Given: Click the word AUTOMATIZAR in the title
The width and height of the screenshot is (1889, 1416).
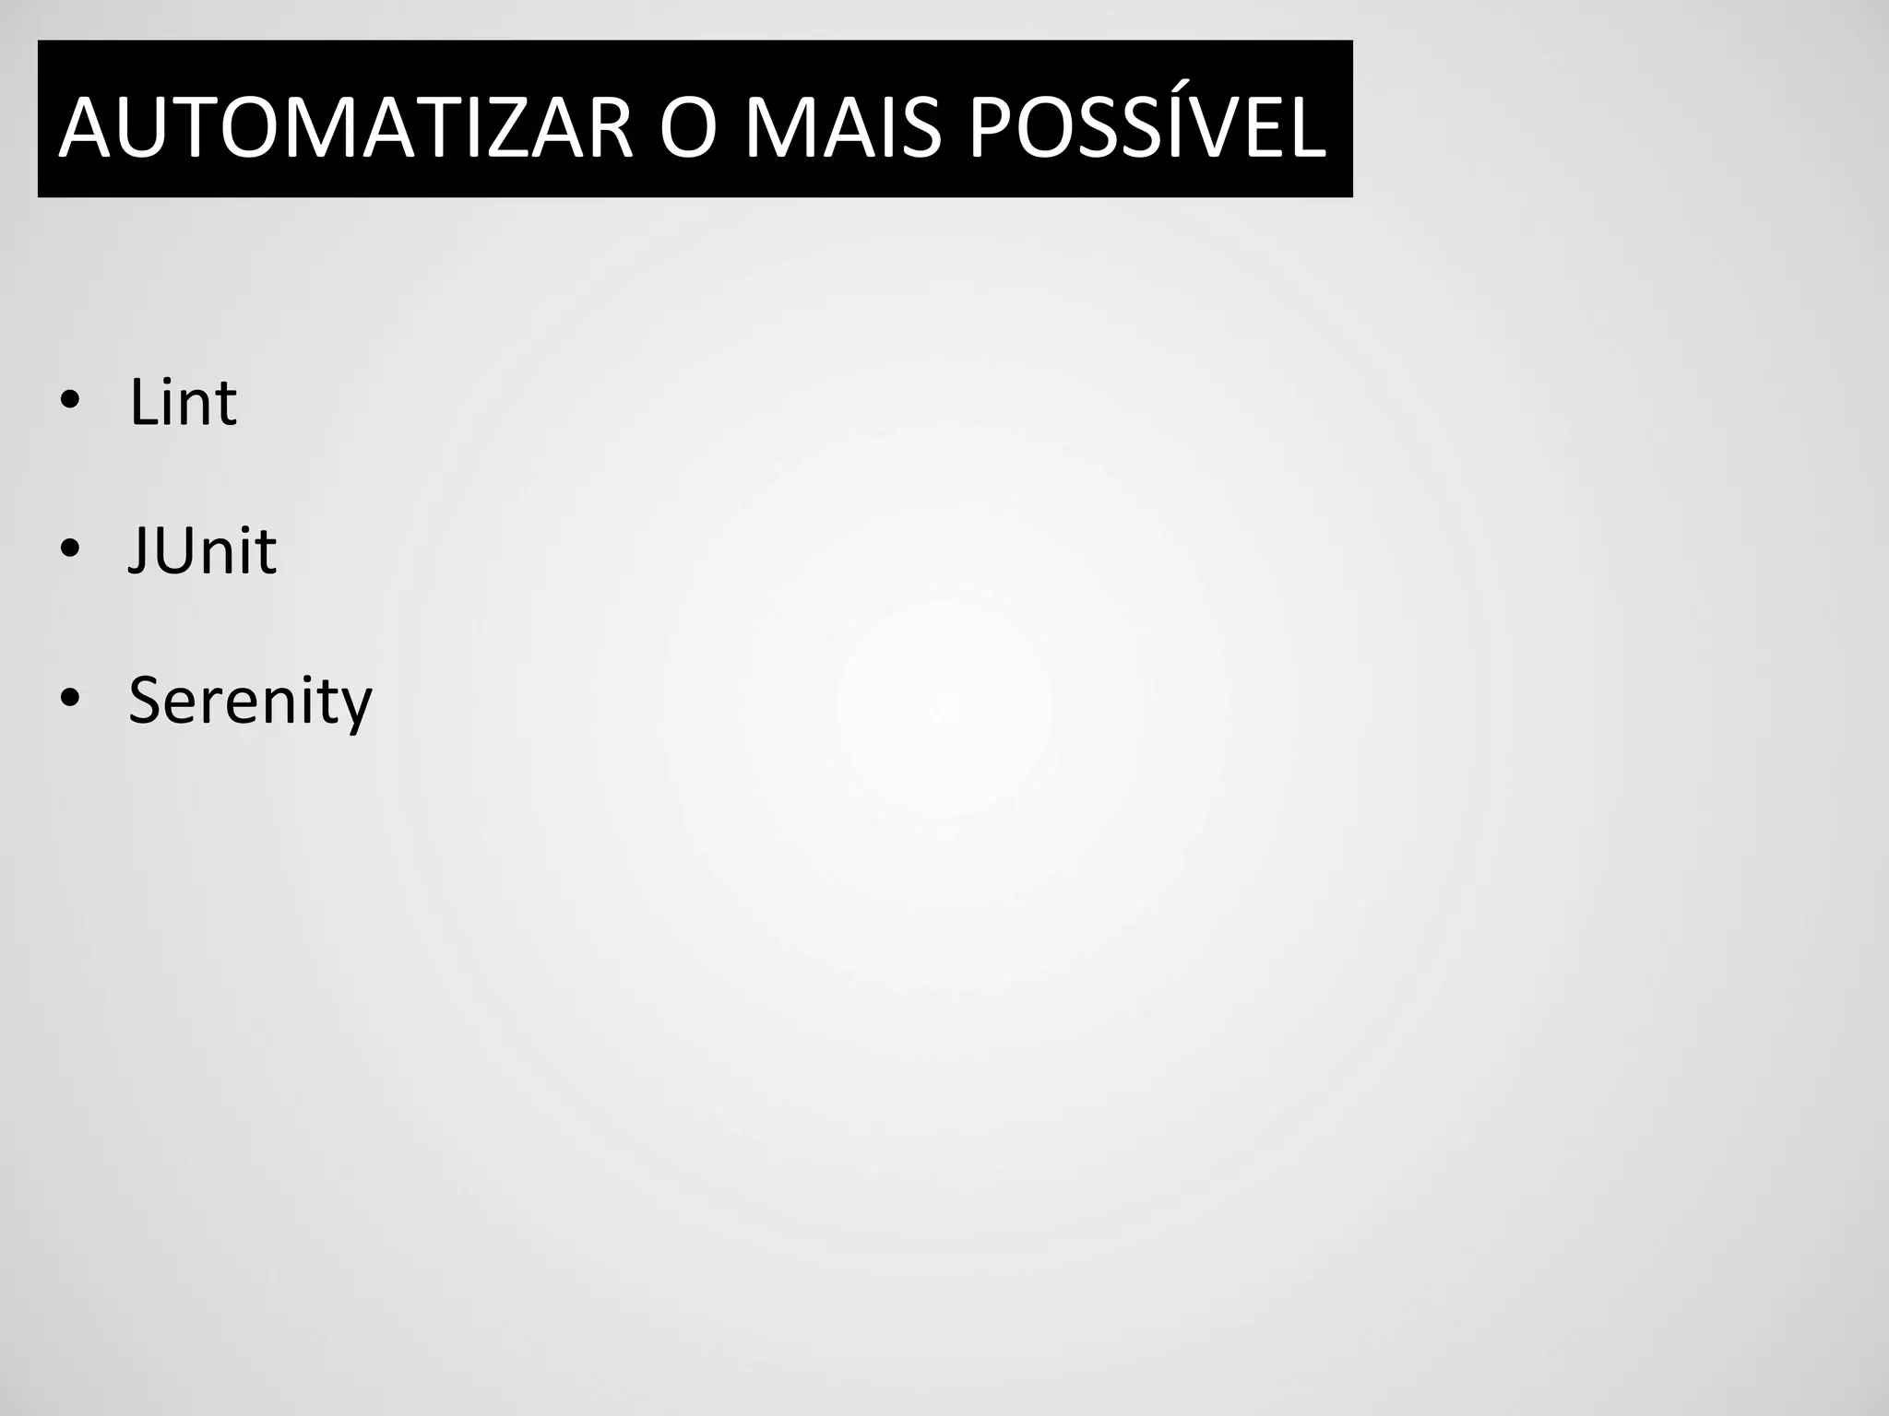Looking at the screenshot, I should coord(346,128).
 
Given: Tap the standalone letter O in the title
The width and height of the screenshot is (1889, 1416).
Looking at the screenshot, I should coord(688,128).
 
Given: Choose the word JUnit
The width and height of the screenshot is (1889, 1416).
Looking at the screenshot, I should coord(202,550).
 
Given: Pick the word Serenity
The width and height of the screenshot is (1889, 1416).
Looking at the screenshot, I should coord(250,701).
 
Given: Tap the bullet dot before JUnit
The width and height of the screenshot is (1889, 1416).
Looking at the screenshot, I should coord(69,550).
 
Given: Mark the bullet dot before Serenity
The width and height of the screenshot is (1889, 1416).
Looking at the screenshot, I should coord(69,700).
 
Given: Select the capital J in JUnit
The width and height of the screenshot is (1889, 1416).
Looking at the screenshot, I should coord(137,550).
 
